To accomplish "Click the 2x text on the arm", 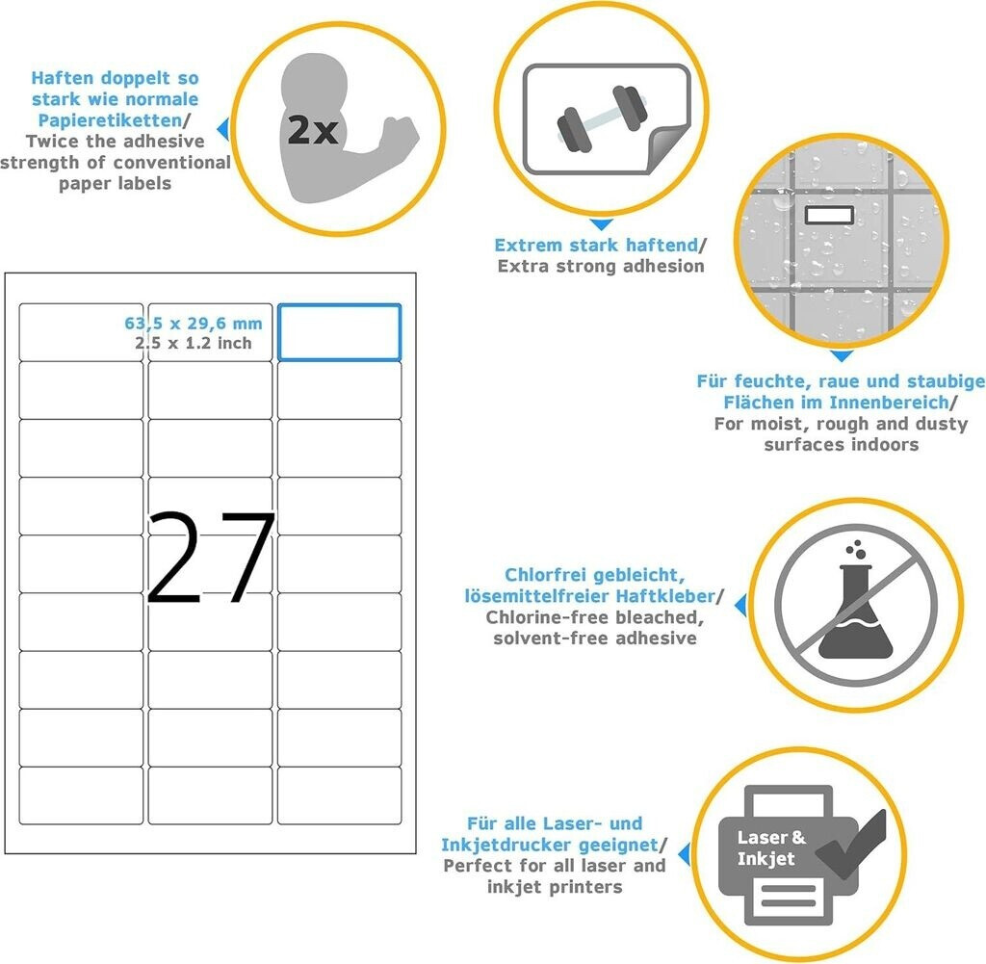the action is [313, 130].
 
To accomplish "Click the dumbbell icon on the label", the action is [602, 118].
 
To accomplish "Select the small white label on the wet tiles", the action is [829, 215].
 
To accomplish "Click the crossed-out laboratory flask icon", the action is [856, 606].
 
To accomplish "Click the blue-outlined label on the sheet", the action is [340, 332].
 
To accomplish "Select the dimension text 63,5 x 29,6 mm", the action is [193, 324].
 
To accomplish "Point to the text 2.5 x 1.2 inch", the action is [193, 344].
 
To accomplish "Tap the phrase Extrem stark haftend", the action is [596, 245].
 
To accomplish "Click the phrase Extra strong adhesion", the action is [601, 266].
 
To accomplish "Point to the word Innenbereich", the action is [889, 402].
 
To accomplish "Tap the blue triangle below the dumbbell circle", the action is [602, 223].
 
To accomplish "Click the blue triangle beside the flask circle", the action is [741, 605].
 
